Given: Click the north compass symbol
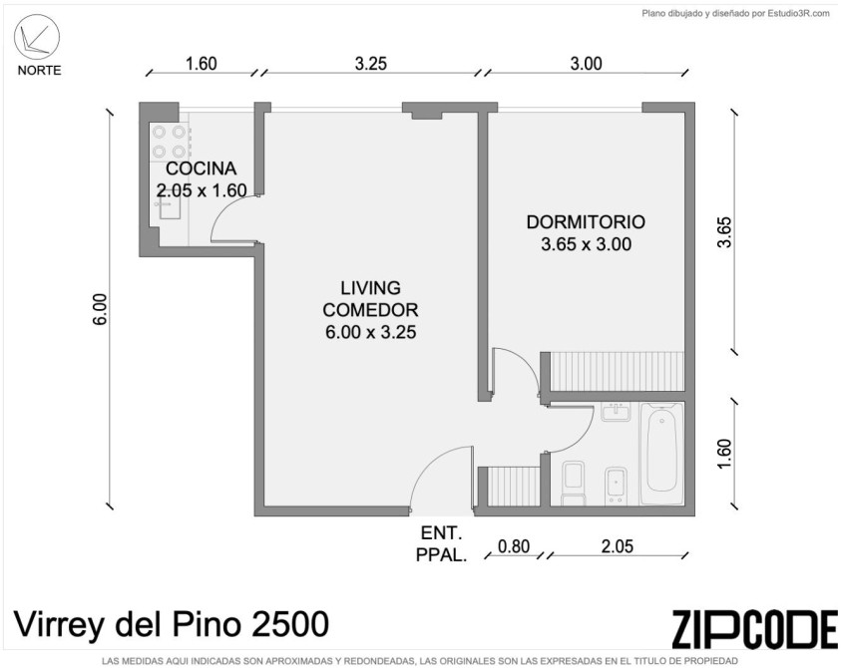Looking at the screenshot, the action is (37, 37).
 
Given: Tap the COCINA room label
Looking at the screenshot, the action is (202, 168).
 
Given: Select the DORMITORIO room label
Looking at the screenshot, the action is (586, 222).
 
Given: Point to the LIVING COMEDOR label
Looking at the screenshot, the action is (371, 299).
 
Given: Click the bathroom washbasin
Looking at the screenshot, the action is (616, 413).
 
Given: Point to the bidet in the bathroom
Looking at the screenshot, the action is (616, 487).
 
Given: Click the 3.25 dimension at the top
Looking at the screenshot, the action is (371, 64).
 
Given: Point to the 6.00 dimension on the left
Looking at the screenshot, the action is (100, 309).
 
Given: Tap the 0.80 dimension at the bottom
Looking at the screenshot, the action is (514, 546).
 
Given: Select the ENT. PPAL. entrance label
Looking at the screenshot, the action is (441, 544).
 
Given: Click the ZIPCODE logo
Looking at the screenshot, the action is (754, 629).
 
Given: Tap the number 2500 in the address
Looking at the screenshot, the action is (290, 624).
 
